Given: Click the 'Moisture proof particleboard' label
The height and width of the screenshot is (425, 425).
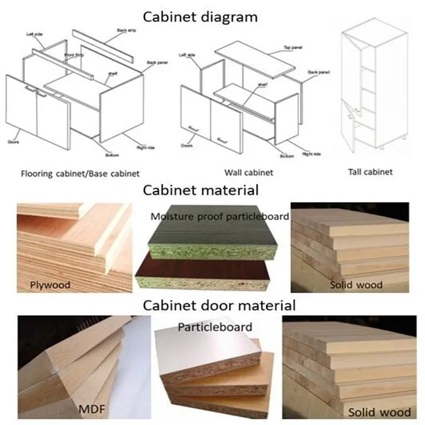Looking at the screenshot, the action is coord(220,216).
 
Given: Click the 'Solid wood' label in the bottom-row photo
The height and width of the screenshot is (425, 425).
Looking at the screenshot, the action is coord(379,411).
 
